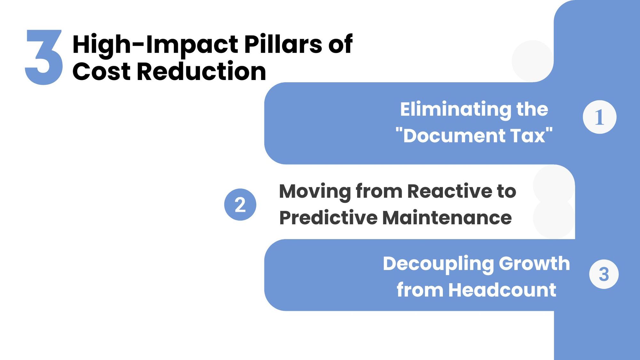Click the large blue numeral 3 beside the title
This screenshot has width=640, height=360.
pos(44,57)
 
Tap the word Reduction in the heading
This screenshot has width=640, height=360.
pos(202,72)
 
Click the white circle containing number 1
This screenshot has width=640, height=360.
pos(599,117)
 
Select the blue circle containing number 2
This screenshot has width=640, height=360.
pos(240,204)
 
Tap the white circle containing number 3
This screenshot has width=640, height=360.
pos(604,274)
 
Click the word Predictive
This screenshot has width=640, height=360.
pos(328,218)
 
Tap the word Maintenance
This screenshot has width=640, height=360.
pos(447,218)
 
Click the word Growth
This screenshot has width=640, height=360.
pos(534,264)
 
